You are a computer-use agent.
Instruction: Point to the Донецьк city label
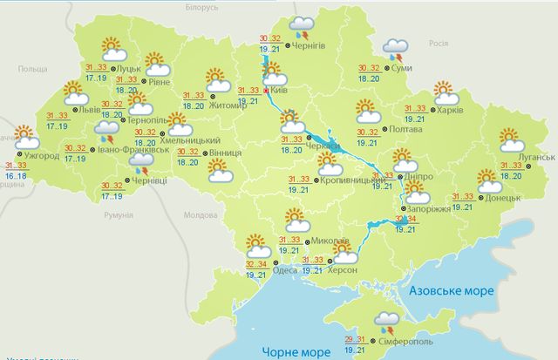503,198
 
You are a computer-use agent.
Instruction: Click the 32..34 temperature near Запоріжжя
405,220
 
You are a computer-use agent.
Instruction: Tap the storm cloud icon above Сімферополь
387,323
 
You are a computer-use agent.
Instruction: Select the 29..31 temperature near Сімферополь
355,341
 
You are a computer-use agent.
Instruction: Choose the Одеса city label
284,270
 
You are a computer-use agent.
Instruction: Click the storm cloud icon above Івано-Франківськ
107,132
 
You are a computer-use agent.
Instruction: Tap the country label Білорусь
201,6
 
